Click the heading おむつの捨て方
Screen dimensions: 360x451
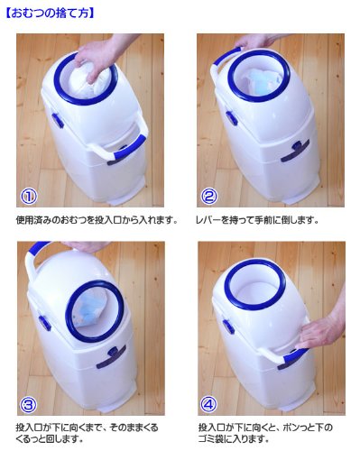tap(50, 14)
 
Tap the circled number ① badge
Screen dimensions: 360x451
tap(29, 197)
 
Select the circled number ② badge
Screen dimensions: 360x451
tap(208, 197)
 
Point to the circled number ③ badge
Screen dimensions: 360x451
tap(29, 405)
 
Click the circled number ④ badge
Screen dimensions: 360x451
tap(209, 405)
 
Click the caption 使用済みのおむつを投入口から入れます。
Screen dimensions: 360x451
tap(97, 220)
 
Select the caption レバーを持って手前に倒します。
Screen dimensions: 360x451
tap(257, 220)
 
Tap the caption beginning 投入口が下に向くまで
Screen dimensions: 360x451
tap(87, 433)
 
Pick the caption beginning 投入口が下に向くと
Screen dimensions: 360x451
tap(265, 433)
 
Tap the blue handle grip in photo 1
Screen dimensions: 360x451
tap(126, 149)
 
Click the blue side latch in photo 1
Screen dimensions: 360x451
tap(57, 120)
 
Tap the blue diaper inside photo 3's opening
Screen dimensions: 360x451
tap(89, 313)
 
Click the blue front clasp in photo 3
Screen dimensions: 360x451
tap(111, 357)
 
